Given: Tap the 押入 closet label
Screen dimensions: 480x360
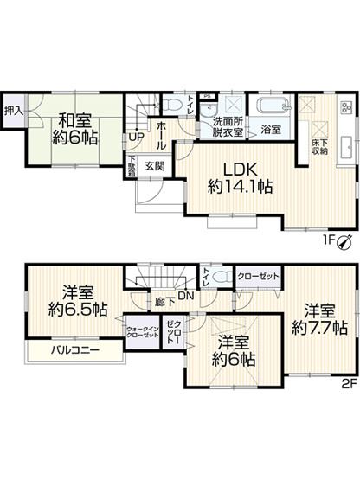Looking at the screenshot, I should pyautogui.click(x=13, y=111).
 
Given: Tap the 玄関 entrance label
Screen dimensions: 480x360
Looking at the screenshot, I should pyautogui.click(x=155, y=165).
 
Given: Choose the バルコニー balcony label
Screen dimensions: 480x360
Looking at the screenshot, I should pyautogui.click(x=74, y=350).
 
